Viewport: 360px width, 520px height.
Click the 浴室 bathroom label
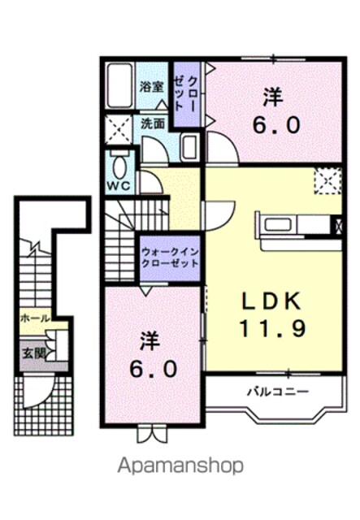[151, 87]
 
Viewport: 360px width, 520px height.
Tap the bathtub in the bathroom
[119, 85]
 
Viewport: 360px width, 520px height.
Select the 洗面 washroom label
[153, 123]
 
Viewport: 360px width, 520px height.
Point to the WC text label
[119, 186]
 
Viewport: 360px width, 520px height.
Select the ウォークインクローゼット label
[170, 258]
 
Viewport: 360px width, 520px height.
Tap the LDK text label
[271, 301]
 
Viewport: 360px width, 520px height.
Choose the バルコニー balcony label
[278, 392]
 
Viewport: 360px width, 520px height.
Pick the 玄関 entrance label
[33, 354]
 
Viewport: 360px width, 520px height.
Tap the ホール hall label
[35, 318]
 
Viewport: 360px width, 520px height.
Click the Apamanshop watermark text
[181, 466]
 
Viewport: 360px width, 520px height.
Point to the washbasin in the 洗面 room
[189, 147]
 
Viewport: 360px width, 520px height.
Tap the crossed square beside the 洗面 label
[118, 130]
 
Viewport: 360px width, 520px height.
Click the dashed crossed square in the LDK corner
[328, 180]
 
